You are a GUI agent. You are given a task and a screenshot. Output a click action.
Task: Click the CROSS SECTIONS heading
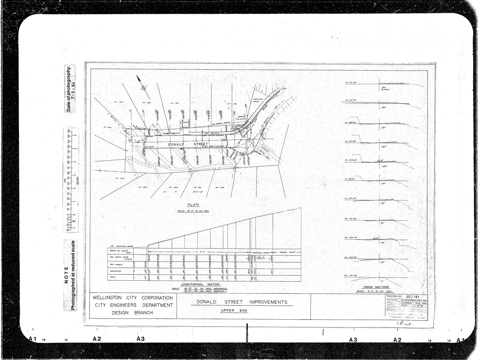tap(377, 287)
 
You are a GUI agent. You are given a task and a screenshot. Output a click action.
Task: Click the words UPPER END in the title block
tap(234, 311)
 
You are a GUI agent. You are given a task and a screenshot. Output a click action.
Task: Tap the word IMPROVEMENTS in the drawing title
tap(268, 302)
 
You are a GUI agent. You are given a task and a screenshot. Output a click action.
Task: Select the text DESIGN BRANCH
tap(132, 313)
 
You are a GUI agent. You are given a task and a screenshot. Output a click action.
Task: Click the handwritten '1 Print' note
tap(405, 324)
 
